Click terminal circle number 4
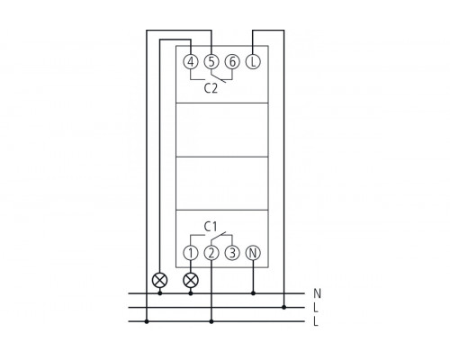(x=191, y=62)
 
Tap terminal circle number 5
(x=211, y=62)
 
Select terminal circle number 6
(x=232, y=62)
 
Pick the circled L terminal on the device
(x=253, y=62)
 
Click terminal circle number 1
(x=191, y=253)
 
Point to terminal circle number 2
(x=211, y=253)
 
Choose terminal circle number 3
(x=232, y=253)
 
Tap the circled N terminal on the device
(x=253, y=253)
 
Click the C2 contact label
(x=211, y=88)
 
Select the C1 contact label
(x=211, y=227)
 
